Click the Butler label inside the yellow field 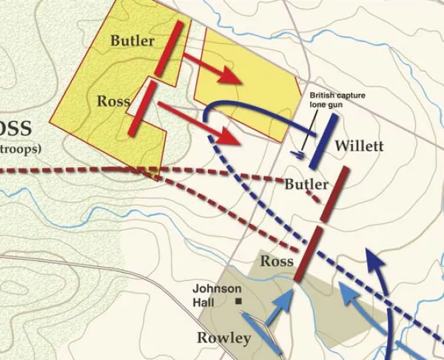pos(132,41)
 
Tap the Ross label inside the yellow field pos(113,101)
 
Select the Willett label pos(358,146)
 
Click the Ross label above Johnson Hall pos(277,261)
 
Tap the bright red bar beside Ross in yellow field pos(141,108)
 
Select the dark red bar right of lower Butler pos(335,194)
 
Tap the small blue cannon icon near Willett pos(297,154)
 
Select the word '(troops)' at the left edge pos(21,148)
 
